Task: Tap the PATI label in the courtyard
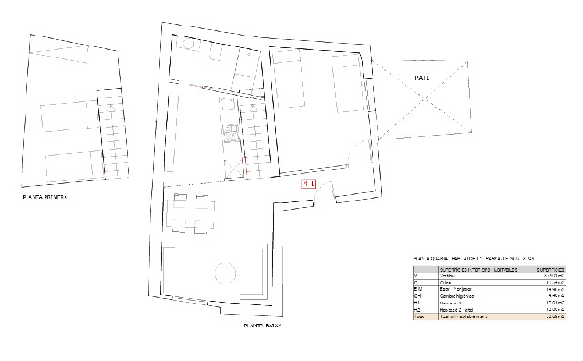coord(420,77)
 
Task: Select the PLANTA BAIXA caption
coord(263,325)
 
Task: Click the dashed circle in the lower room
coord(223,273)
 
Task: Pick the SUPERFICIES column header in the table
coord(549,270)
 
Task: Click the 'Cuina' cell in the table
coord(446,283)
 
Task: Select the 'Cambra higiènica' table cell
coord(456,296)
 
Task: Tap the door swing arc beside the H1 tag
coord(329,187)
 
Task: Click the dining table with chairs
coord(194,212)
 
